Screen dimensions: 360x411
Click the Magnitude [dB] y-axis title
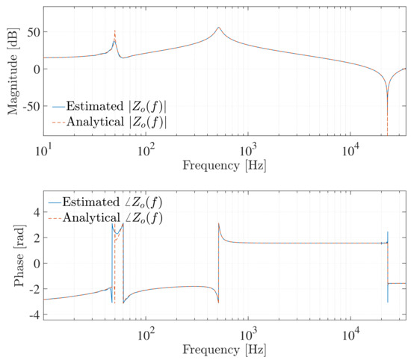(13, 69)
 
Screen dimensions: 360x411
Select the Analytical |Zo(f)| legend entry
(116, 121)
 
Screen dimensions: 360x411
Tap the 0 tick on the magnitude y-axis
(37, 69)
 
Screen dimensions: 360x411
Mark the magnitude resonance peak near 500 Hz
(218, 28)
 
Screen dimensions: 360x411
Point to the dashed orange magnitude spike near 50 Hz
(114, 32)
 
